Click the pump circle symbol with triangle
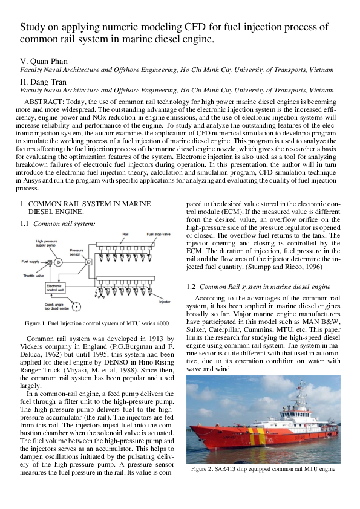(x=58, y=262)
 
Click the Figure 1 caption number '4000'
(x=159, y=324)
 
